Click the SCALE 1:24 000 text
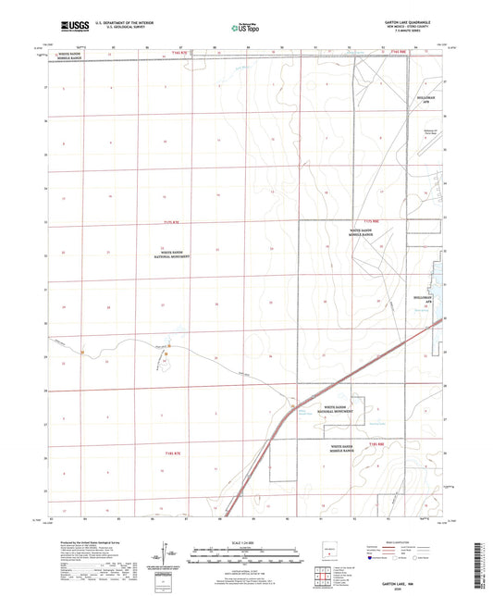pos(244,540)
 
